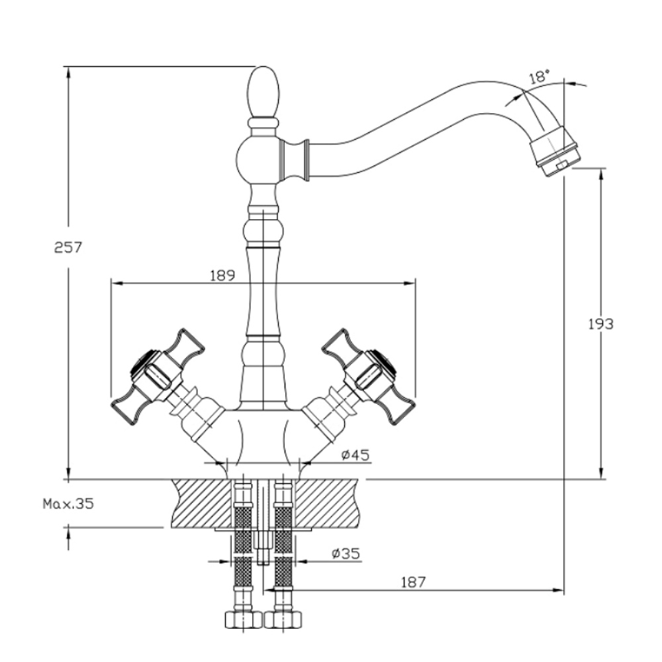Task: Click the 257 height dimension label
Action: [x=67, y=248]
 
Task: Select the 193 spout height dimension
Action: [x=600, y=324]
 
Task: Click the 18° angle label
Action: [x=540, y=77]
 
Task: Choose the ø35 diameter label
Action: [x=346, y=553]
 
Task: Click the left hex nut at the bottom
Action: [x=238, y=620]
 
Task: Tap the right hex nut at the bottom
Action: [x=283, y=620]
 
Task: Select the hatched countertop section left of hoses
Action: [x=199, y=502]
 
